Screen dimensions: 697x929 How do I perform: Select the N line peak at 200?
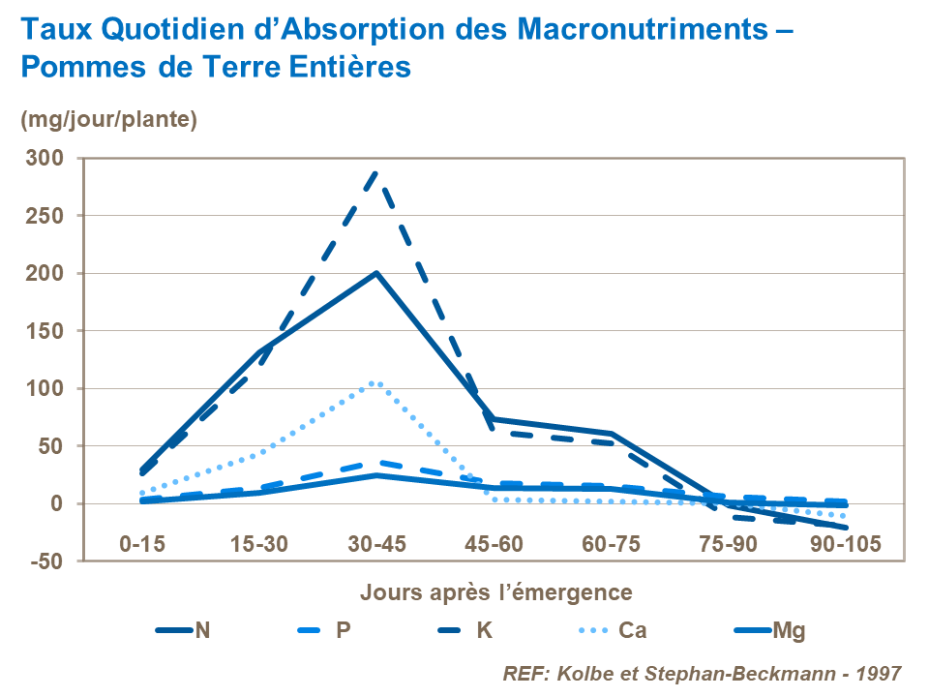click(375, 273)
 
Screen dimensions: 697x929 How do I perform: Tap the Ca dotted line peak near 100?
click(375, 382)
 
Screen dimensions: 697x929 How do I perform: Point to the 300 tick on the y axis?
click(47, 158)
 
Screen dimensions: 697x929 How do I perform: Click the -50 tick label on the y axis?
click(47, 561)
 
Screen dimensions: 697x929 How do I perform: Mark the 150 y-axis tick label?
click(47, 331)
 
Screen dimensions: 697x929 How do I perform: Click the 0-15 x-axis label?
click(141, 544)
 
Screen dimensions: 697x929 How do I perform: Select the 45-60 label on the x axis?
click(494, 544)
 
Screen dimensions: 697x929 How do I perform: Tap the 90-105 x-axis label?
click(846, 544)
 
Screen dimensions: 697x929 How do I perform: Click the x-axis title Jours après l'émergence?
click(496, 591)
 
